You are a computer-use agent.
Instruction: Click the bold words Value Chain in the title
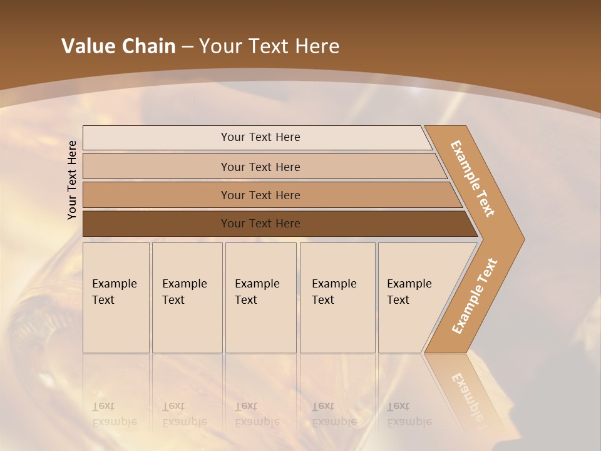(x=118, y=46)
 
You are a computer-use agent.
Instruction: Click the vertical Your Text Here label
(x=72, y=180)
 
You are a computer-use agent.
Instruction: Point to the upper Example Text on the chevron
(x=473, y=179)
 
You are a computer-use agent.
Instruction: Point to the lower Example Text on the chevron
(x=475, y=296)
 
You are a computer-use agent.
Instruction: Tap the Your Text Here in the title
(x=269, y=46)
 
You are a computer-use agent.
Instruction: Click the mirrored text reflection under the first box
(x=114, y=414)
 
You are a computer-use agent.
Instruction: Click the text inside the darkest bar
(x=260, y=224)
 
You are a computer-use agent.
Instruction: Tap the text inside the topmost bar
(x=260, y=137)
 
